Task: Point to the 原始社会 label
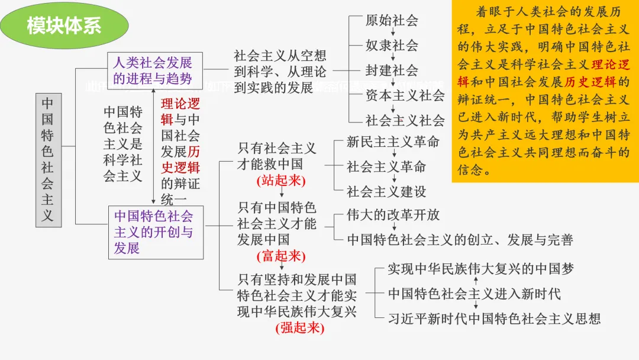click(392, 20)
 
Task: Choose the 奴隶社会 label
click(392, 45)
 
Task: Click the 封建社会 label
click(392, 70)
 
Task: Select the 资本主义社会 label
click(405, 95)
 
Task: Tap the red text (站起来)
click(281, 181)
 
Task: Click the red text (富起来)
click(281, 256)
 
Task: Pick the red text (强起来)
click(300, 327)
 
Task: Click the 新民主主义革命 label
click(393, 142)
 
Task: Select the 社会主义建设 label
click(386, 191)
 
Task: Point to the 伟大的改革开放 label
click(393, 215)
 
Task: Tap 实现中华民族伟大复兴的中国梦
click(480, 269)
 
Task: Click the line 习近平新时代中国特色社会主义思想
click(494, 319)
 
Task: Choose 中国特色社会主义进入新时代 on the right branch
click(474, 294)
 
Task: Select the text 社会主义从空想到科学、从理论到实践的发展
click(280, 72)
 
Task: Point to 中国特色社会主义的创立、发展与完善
click(460, 240)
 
